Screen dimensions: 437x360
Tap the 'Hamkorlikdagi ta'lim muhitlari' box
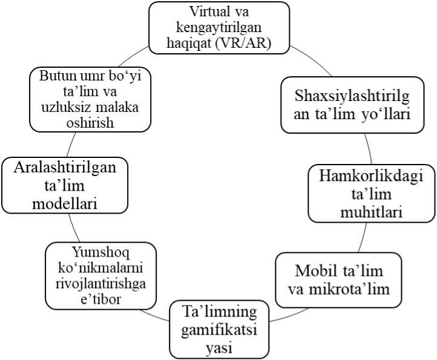[371, 194]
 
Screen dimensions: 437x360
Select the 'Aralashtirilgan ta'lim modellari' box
[65, 185]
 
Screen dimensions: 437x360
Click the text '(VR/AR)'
[251, 42]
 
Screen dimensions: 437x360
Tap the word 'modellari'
[65, 203]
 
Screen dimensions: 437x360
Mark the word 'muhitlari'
[371, 212]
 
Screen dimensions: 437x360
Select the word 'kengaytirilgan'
[219, 27]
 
